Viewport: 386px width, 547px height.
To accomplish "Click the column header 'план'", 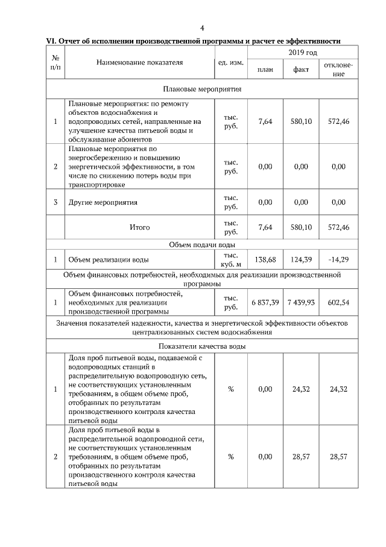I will (265, 70).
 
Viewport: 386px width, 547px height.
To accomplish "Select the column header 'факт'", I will (301, 70).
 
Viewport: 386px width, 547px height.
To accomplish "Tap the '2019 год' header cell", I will (302, 53).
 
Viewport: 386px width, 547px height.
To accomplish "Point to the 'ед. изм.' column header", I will (230, 62).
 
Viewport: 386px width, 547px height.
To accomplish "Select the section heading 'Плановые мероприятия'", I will (202, 88).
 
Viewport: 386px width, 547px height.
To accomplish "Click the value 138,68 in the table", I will (265, 259).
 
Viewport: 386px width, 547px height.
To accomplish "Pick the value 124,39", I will (301, 259).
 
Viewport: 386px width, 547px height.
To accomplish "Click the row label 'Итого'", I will (139, 227).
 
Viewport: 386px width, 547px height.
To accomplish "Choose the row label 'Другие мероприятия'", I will (103, 202).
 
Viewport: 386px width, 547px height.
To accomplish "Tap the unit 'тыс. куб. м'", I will (230, 259).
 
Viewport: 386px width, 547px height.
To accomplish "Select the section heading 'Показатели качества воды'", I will (202, 346).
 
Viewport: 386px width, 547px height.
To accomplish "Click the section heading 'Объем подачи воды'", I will (202, 245).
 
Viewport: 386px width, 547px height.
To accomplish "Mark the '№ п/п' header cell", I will (55, 62).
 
